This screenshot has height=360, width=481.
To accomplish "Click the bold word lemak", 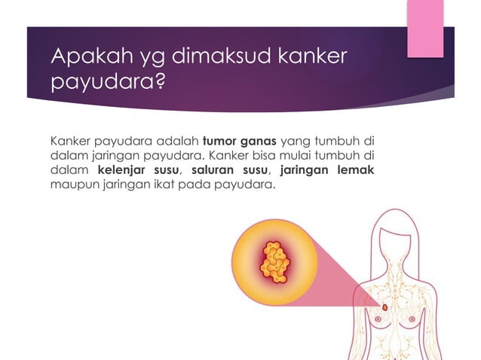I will click(356, 169).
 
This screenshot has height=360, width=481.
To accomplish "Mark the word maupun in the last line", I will click(69, 184).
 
